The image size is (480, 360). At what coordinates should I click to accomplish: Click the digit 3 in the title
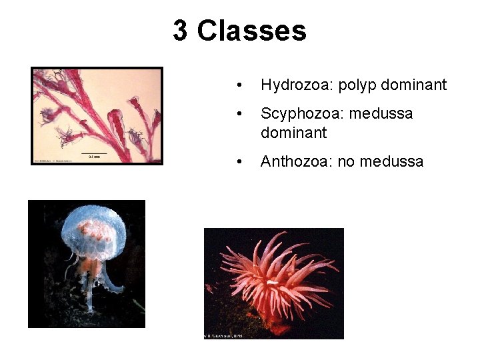pyautogui.click(x=180, y=31)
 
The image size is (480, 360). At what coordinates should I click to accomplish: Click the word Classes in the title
pyautogui.click(x=252, y=31)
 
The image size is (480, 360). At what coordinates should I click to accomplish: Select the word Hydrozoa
pyautogui.click(x=297, y=85)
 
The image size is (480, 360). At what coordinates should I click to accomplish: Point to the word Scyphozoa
pyautogui.click(x=300, y=113)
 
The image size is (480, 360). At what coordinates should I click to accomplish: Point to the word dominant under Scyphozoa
pyautogui.click(x=293, y=133)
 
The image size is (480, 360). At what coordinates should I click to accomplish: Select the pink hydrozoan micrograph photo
pyautogui.click(x=97, y=115)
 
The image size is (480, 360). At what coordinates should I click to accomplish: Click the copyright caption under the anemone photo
pyautogui.click(x=223, y=335)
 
